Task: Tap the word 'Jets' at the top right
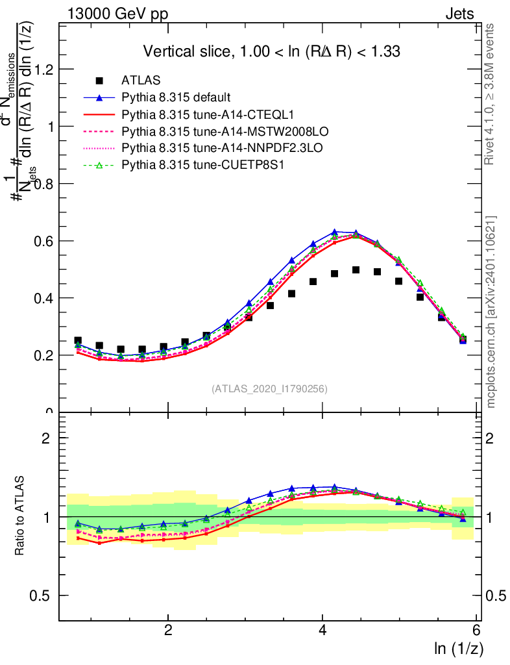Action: point(459,14)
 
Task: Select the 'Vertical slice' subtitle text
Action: point(271,51)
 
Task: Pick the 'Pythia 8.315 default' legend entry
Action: point(176,98)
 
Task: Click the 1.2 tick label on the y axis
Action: point(44,69)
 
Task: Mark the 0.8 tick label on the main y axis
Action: point(44,184)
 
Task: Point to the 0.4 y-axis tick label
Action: point(44,298)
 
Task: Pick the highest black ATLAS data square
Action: point(356,270)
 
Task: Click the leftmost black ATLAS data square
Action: point(78,341)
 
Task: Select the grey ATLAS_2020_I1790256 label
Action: point(269,389)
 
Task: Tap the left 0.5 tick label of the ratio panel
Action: point(44,596)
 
